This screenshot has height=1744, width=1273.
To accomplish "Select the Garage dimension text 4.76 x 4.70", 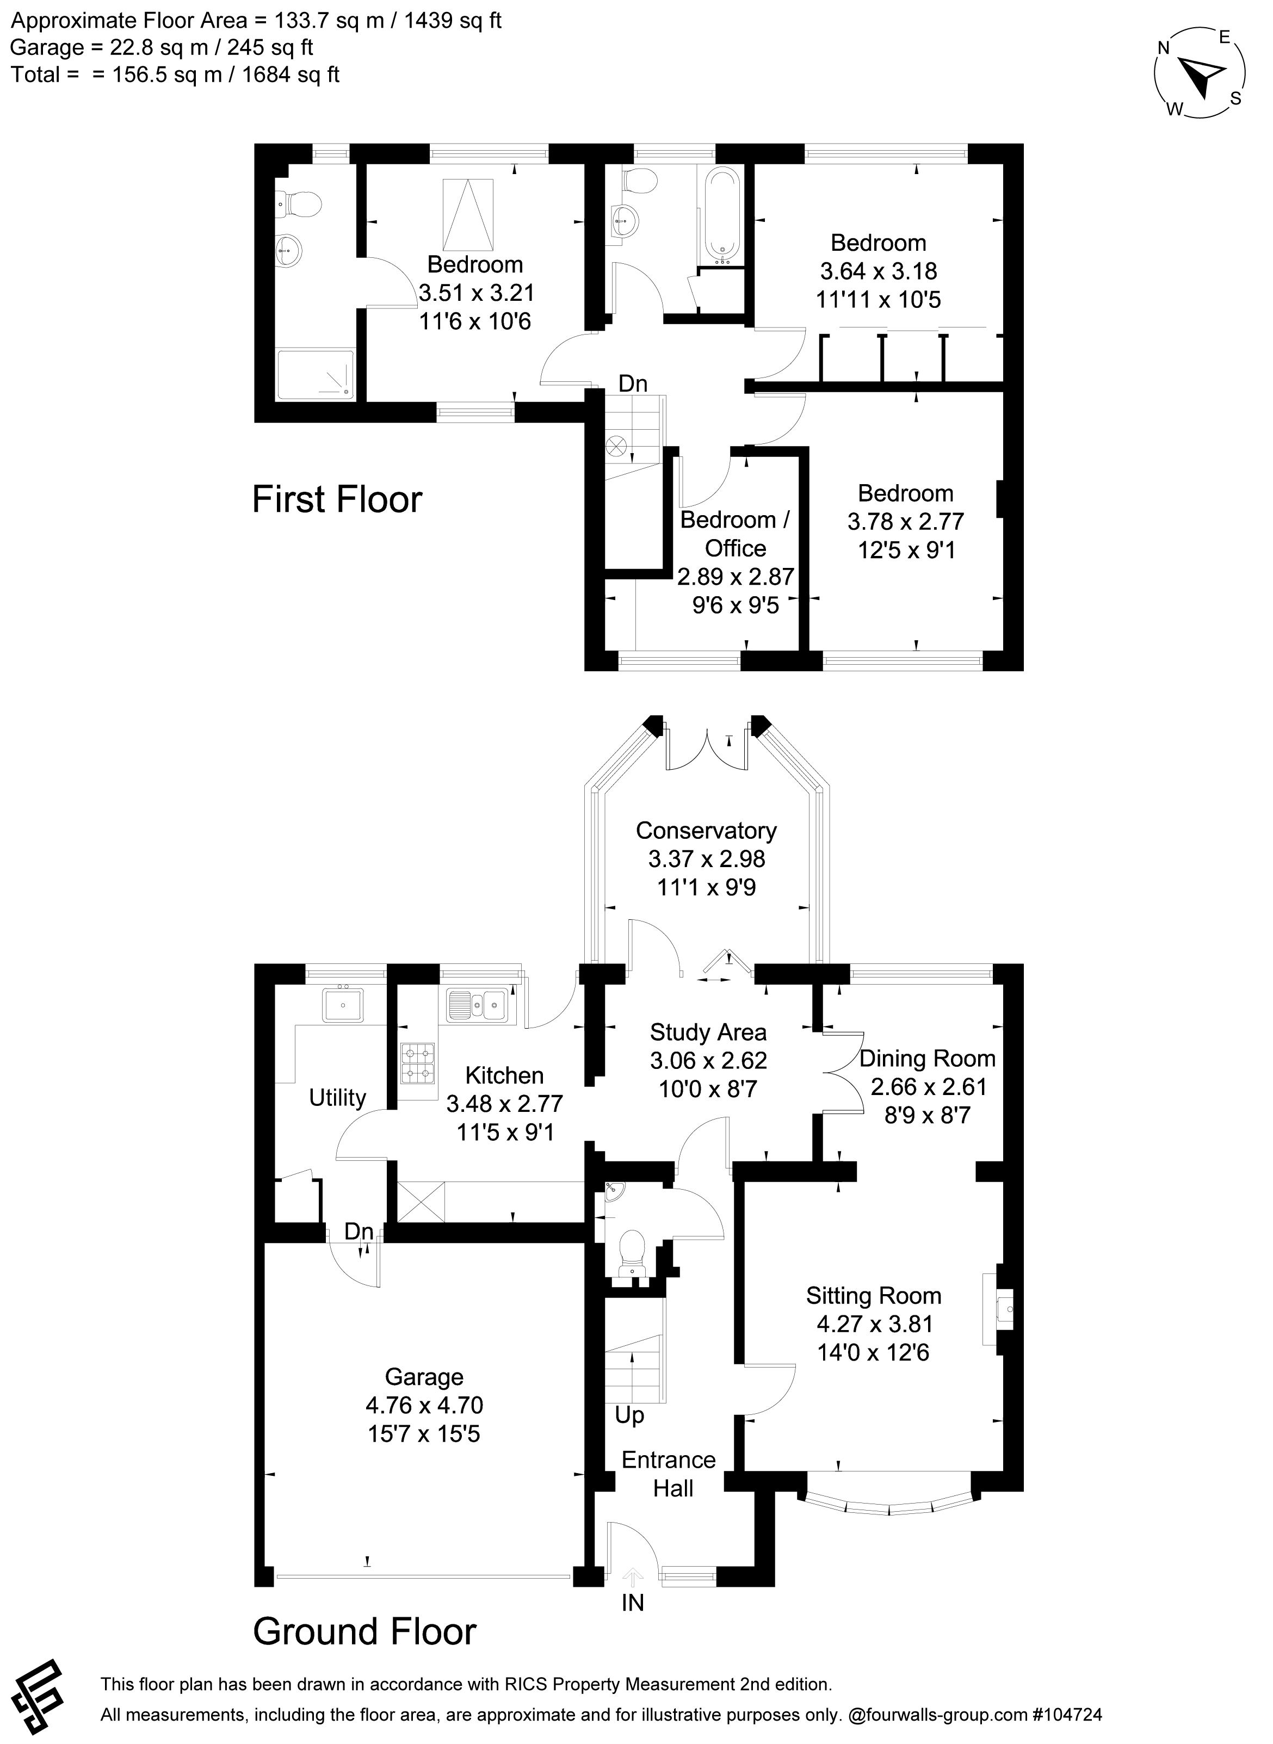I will (x=424, y=1405).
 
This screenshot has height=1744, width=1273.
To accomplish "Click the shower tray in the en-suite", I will (x=316, y=375).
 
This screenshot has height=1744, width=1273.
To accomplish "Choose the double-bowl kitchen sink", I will (x=477, y=1005).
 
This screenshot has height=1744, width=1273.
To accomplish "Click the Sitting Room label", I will (x=873, y=1296).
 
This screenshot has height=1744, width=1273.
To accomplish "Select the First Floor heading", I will (x=337, y=499).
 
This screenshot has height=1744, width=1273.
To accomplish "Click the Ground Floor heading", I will (x=364, y=1631).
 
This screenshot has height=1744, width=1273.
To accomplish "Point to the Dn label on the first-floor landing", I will (x=633, y=383).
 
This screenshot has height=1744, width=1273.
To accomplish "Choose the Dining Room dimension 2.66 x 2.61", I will (x=927, y=1087).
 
